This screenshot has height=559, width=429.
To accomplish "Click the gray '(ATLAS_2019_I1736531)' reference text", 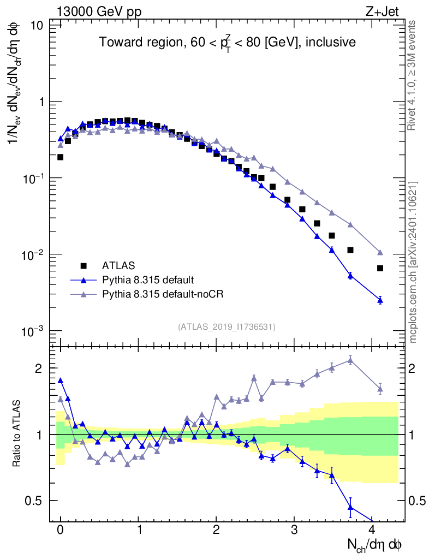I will tap(227, 327).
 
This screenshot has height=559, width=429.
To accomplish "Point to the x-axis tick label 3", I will tap(294, 530).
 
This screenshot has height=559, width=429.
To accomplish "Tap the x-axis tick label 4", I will tap(372, 530).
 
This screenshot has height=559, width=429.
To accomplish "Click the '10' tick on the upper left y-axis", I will tap(37, 25).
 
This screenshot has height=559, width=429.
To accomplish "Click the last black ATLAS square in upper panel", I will tap(380, 268).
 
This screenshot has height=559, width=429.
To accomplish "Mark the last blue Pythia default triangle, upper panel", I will tap(380, 300).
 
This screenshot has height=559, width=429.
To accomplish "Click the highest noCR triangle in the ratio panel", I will tap(350, 360).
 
